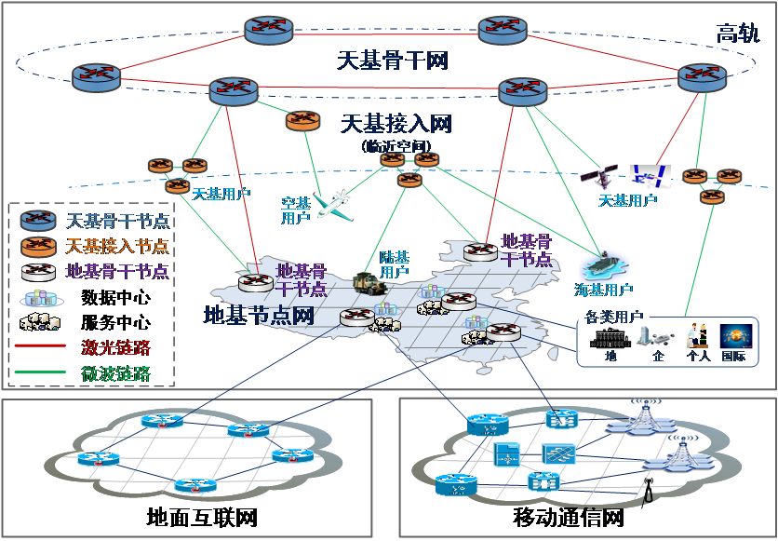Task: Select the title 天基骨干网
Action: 392,62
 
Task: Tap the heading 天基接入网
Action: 396,124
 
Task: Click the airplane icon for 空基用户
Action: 333,203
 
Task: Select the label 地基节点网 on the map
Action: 258,315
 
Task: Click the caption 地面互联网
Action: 202,518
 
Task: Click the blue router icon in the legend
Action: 39,222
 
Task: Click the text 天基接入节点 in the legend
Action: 117,247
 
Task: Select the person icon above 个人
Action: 692,336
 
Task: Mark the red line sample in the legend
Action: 40,349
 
